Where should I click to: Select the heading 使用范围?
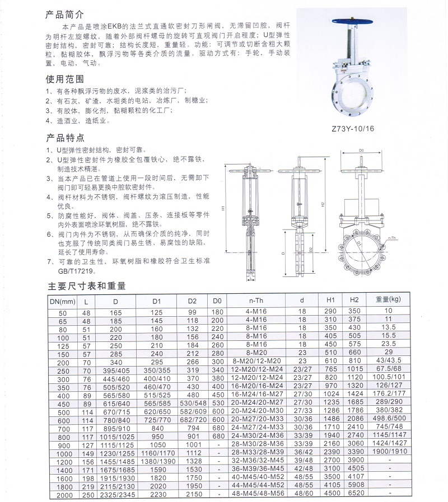point(64,79)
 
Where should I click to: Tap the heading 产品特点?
point(64,138)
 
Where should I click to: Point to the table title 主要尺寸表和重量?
point(87,286)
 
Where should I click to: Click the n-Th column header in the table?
point(255,301)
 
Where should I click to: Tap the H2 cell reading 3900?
point(356,459)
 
